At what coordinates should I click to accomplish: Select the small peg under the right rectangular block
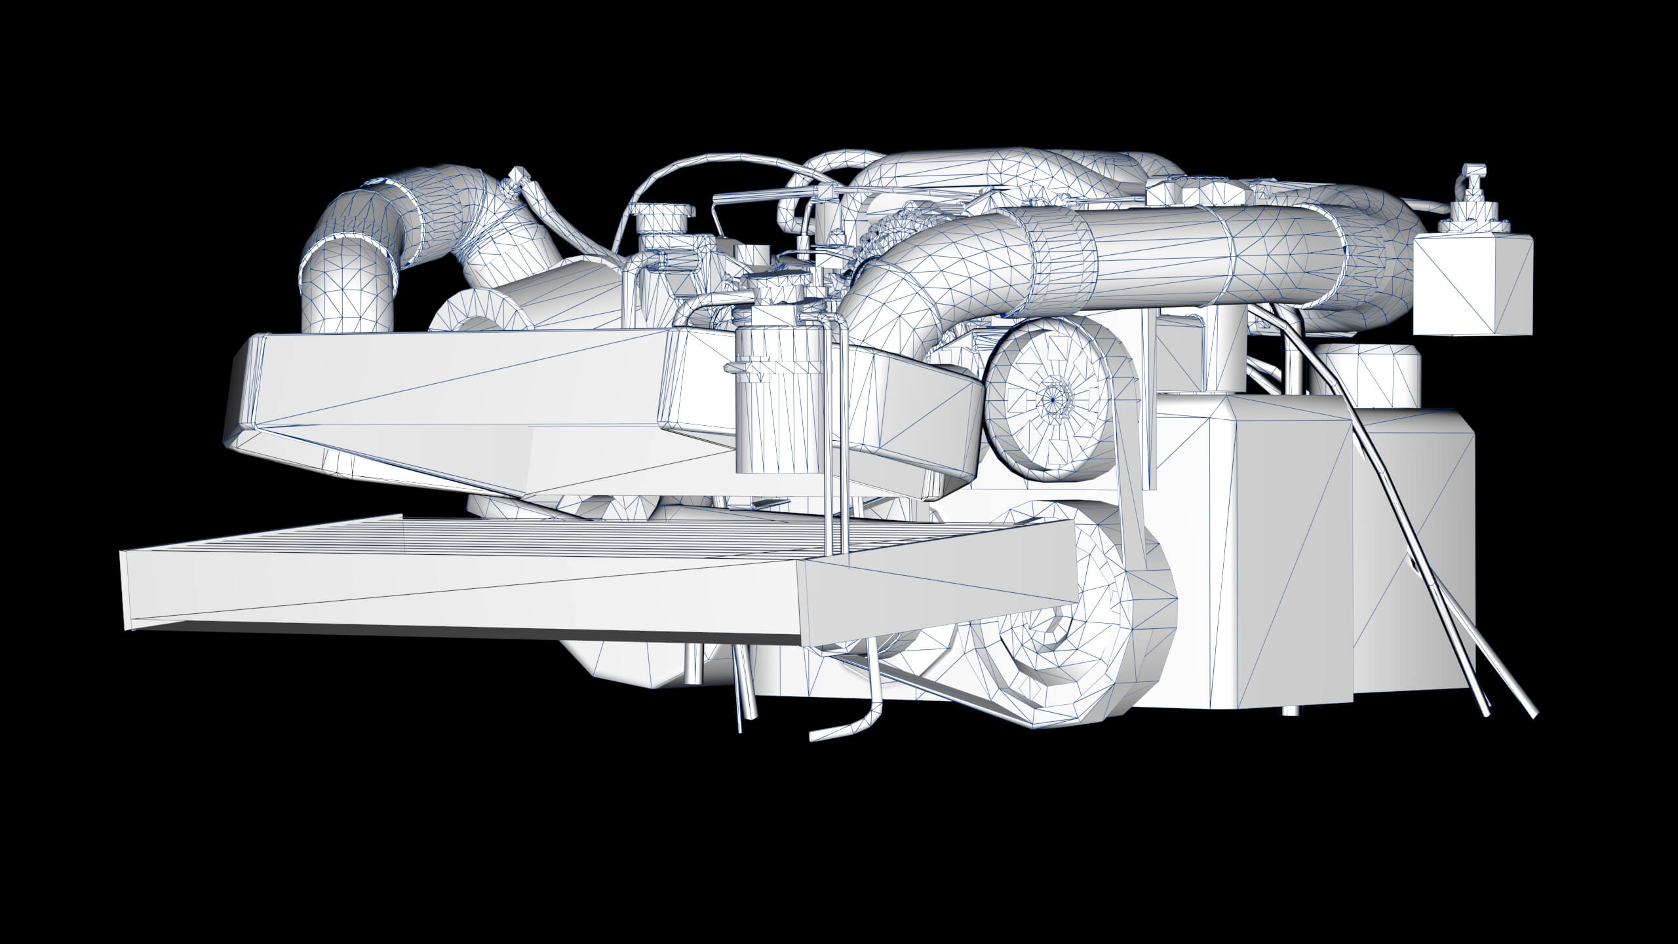(1289, 710)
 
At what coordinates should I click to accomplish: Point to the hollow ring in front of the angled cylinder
(477, 321)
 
